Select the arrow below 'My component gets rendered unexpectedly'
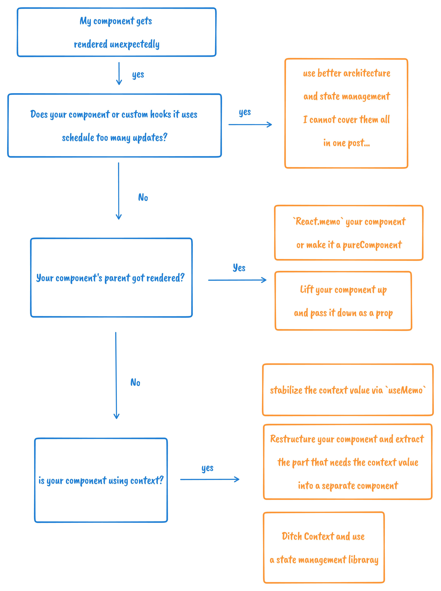(119, 73)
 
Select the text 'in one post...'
(346, 143)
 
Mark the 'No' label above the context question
(135, 382)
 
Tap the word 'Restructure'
(293, 439)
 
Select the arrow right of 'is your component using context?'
(210, 479)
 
